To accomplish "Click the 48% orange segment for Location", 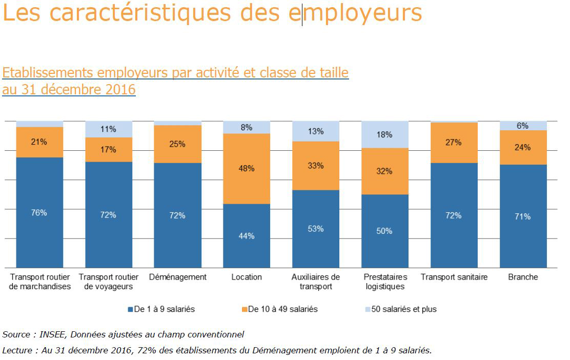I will point(247,169).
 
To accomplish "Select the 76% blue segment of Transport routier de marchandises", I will point(39,212).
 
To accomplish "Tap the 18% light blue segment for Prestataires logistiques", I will point(384,134).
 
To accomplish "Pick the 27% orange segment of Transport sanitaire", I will point(454,143).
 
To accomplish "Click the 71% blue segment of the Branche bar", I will point(523,216).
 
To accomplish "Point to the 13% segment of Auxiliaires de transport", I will point(316,131).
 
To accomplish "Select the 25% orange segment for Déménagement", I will point(177,144).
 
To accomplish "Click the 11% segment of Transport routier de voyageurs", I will point(109,129).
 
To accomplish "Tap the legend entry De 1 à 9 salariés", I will point(161,309).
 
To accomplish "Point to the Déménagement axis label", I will point(177,277).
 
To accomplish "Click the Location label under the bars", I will point(247,277).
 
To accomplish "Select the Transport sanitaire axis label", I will point(454,277).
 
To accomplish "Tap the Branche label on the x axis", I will point(523,277).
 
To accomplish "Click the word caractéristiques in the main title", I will point(149,13).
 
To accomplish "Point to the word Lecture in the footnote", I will point(17,351).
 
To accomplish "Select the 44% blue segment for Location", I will point(247,236).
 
